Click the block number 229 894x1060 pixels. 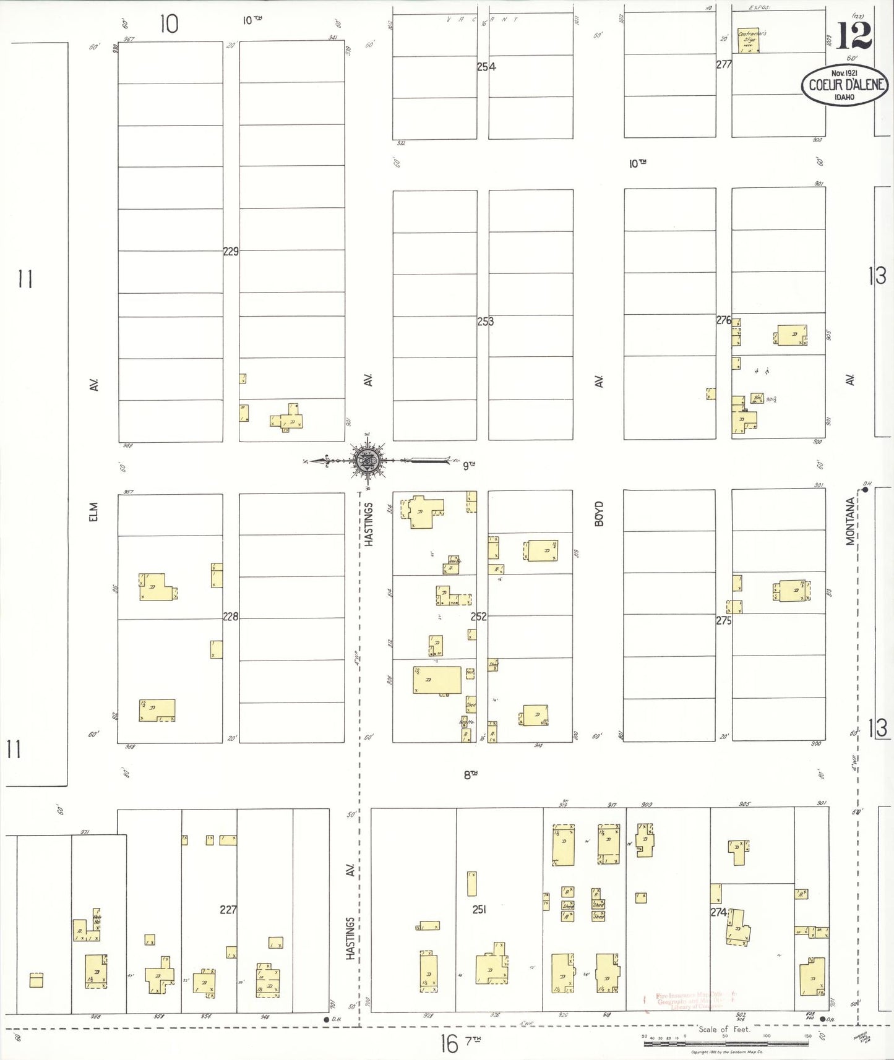[231, 251]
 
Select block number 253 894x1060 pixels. [486, 322]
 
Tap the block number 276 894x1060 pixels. [724, 320]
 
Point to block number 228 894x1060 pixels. [230, 617]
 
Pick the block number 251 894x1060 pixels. [479, 909]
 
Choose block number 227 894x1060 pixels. [228, 909]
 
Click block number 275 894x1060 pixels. [724, 620]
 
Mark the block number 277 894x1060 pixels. [724, 64]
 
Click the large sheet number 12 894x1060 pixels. [854, 36]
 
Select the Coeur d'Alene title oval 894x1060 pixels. [845, 85]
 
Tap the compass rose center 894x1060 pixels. [368, 460]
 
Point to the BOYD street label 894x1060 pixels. [598, 514]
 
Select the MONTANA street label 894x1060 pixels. [851, 521]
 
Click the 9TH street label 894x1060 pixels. [469, 465]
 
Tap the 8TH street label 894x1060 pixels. [470, 774]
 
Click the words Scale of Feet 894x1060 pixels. [724, 1030]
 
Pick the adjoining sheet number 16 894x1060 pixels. [449, 1045]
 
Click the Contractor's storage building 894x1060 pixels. [750, 40]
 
